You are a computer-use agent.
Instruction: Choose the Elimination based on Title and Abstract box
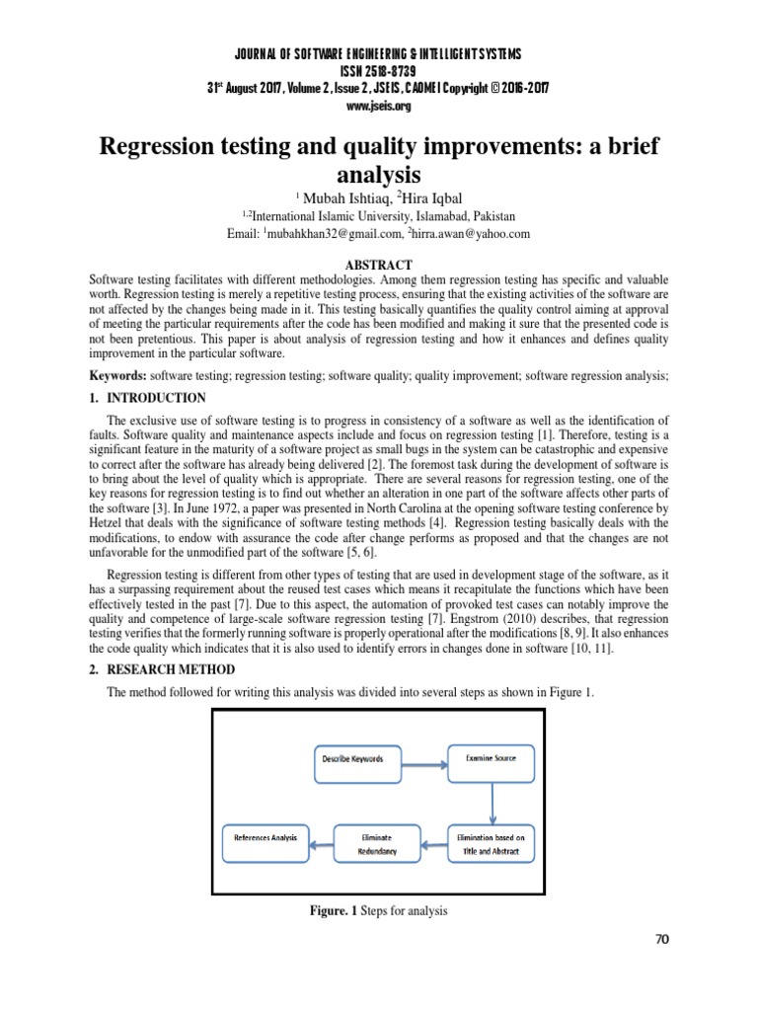[x=492, y=840]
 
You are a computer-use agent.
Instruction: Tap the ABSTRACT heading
[x=379, y=265]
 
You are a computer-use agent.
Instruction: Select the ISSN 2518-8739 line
[x=379, y=71]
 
